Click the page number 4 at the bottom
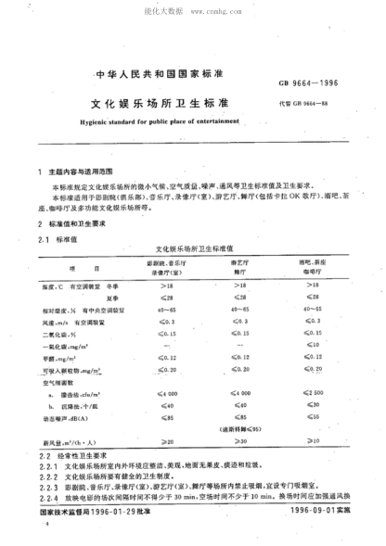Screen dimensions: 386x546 pyautogui.click(x=36, y=525)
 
